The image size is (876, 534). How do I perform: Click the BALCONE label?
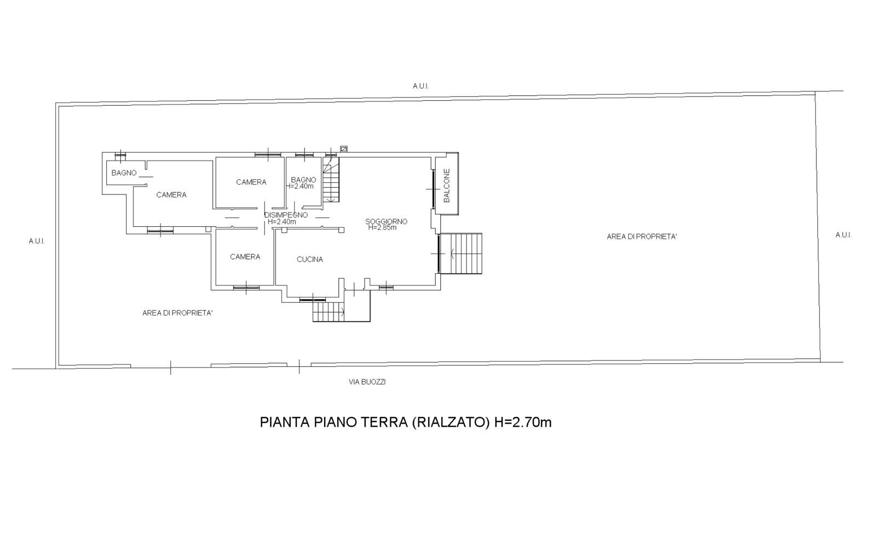(447, 186)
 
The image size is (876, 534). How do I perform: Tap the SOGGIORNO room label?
(387, 221)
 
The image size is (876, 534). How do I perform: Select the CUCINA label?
(310, 260)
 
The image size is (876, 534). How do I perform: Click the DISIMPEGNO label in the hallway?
(286, 215)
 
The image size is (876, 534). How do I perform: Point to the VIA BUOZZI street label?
(367, 382)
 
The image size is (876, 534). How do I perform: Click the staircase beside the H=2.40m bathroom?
(331, 180)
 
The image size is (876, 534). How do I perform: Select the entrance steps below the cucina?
(342, 312)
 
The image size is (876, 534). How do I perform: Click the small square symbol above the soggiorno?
(344, 148)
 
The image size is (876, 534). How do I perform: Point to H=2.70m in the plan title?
(523, 422)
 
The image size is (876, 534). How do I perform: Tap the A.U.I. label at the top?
(421, 86)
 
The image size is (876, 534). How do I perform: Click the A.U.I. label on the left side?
(37, 241)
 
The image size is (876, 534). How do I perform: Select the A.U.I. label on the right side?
(844, 235)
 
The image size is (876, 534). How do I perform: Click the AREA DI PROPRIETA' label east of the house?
(642, 237)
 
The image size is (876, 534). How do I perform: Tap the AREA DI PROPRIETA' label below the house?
(177, 313)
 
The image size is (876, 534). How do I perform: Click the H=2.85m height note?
(383, 227)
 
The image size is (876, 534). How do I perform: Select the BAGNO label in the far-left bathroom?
(124, 173)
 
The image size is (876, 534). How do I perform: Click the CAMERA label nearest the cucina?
(245, 257)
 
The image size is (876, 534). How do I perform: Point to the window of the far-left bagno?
(120, 156)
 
